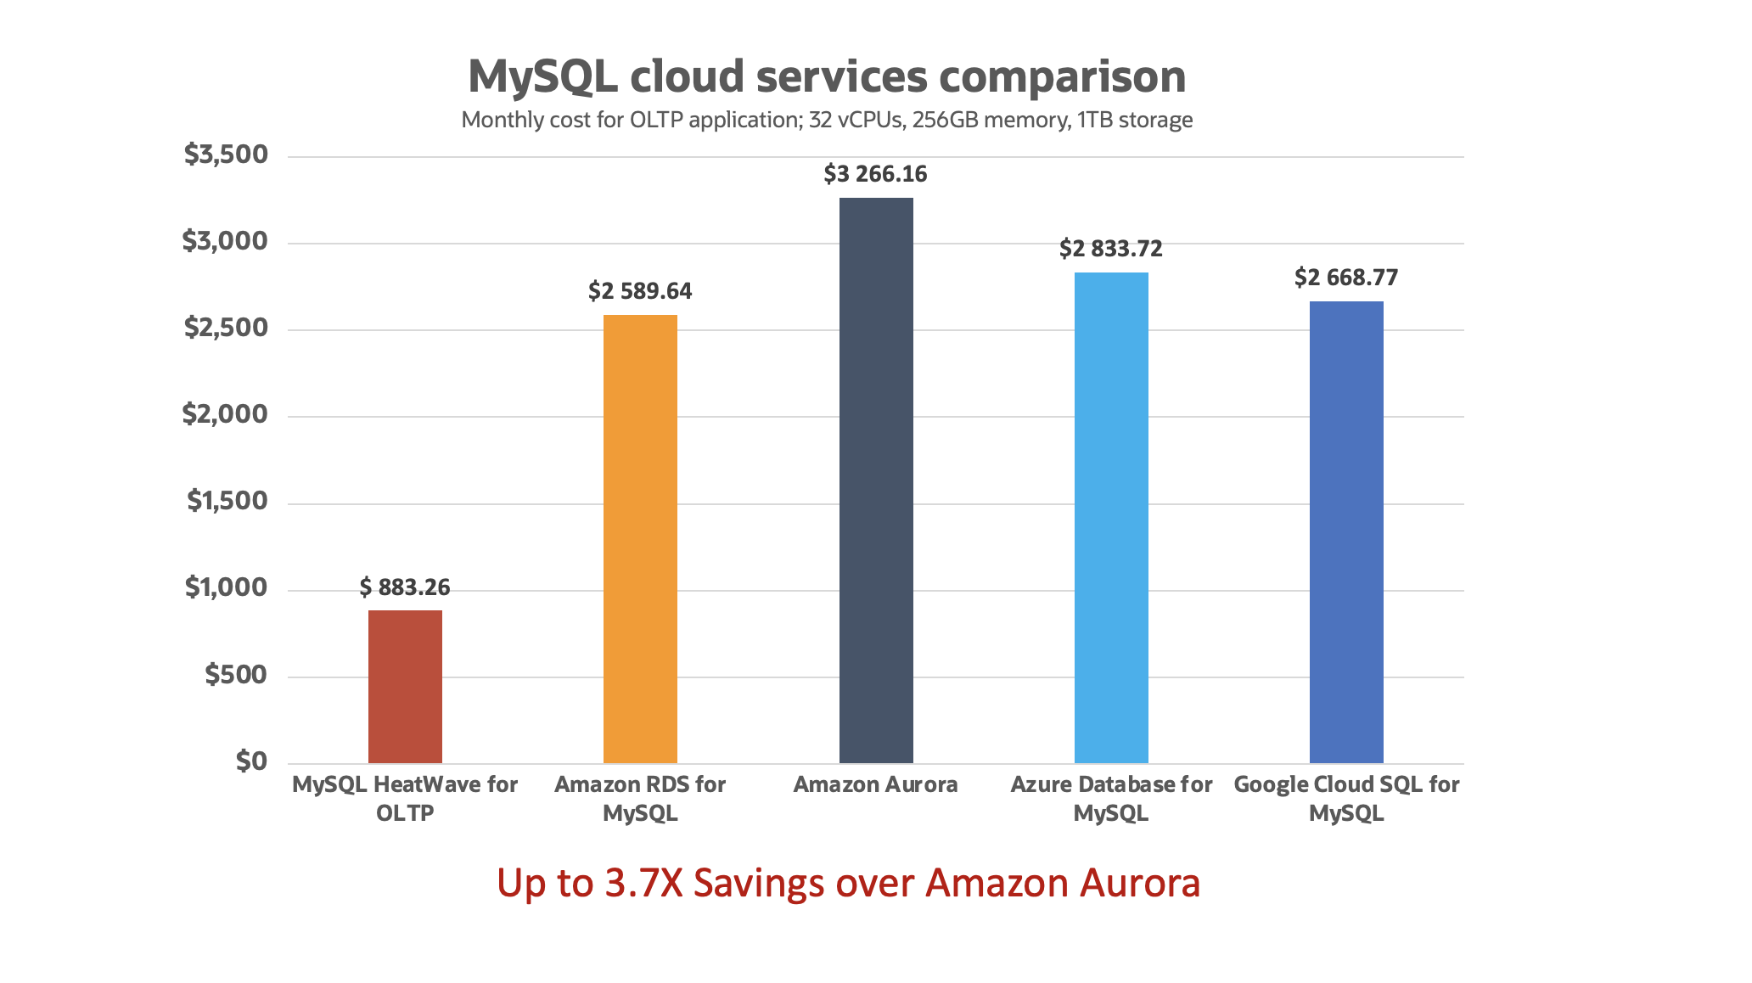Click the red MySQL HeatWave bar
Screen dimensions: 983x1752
pyautogui.click(x=405, y=686)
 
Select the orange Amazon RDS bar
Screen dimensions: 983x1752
pyautogui.click(x=640, y=538)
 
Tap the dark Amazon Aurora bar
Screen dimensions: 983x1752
pyautogui.click(x=876, y=480)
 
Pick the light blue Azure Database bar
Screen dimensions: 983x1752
pyautogui.click(x=1111, y=517)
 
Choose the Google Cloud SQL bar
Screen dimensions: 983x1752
pyautogui.click(x=1346, y=531)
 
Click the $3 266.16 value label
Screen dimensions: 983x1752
pyautogui.click(x=875, y=174)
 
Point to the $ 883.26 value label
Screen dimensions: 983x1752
pyautogui.click(x=405, y=587)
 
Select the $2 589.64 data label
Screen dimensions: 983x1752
pyautogui.click(x=640, y=291)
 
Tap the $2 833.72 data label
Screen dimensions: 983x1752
pyautogui.click(x=1110, y=249)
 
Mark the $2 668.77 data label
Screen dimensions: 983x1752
pyautogui.click(x=1345, y=278)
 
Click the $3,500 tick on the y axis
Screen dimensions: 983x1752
pyautogui.click(x=226, y=154)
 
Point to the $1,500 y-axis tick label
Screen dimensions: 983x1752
pyautogui.click(x=227, y=501)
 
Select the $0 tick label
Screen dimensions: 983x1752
pyautogui.click(x=251, y=761)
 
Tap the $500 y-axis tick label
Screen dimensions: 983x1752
pyautogui.click(x=236, y=675)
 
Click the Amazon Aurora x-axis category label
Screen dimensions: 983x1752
pyautogui.click(x=875, y=784)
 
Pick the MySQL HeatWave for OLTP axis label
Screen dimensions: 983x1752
pyautogui.click(x=405, y=798)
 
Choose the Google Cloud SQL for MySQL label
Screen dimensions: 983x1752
pyautogui.click(x=1346, y=798)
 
